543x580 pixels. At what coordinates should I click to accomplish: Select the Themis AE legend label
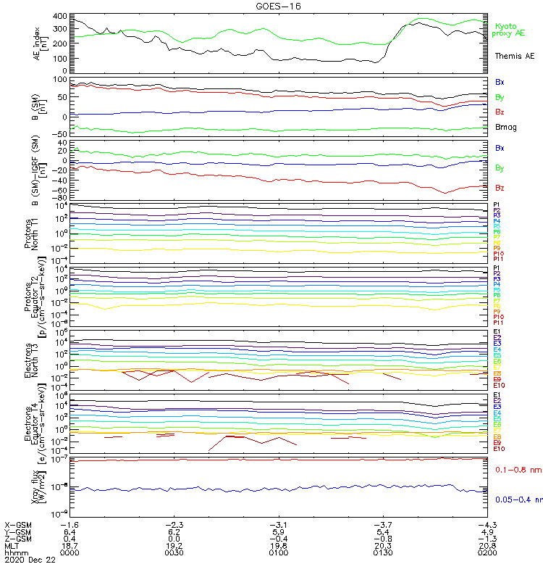[x=515, y=56]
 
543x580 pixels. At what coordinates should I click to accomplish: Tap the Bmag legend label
[x=505, y=127]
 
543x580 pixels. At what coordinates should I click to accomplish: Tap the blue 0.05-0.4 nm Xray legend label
[x=517, y=500]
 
